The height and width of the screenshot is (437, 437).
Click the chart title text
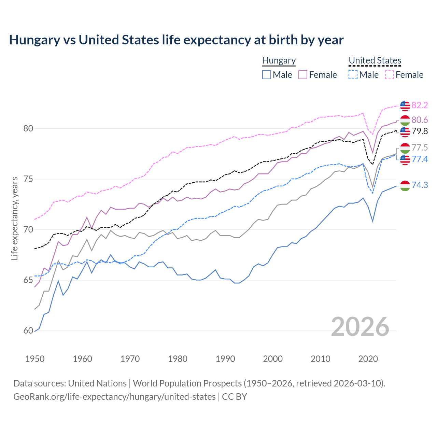click(176, 40)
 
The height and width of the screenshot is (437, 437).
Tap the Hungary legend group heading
click(279, 60)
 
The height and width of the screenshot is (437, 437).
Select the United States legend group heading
click(375, 60)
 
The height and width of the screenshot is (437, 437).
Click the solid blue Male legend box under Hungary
click(267, 75)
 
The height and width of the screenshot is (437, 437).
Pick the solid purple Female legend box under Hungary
click(303, 75)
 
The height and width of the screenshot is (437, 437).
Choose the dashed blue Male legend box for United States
click(353, 75)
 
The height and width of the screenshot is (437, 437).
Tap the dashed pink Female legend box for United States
click(390, 75)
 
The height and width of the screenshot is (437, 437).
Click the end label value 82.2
click(420, 105)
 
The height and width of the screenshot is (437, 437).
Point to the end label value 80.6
click(420, 120)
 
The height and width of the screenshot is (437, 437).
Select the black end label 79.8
click(420, 131)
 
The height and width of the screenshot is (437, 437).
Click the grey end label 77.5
click(420, 147)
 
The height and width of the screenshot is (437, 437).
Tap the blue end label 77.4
click(420, 159)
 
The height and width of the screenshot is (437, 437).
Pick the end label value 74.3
click(420, 185)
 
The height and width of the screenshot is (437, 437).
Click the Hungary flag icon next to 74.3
click(405, 186)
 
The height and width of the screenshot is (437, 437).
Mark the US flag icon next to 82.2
click(405, 106)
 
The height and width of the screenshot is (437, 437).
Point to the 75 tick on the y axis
click(28, 179)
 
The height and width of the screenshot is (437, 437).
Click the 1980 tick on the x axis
click(178, 359)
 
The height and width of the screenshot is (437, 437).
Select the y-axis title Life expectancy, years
click(14, 218)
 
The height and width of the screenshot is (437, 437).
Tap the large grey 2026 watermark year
click(360, 327)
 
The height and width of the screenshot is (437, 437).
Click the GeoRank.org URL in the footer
click(114, 397)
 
